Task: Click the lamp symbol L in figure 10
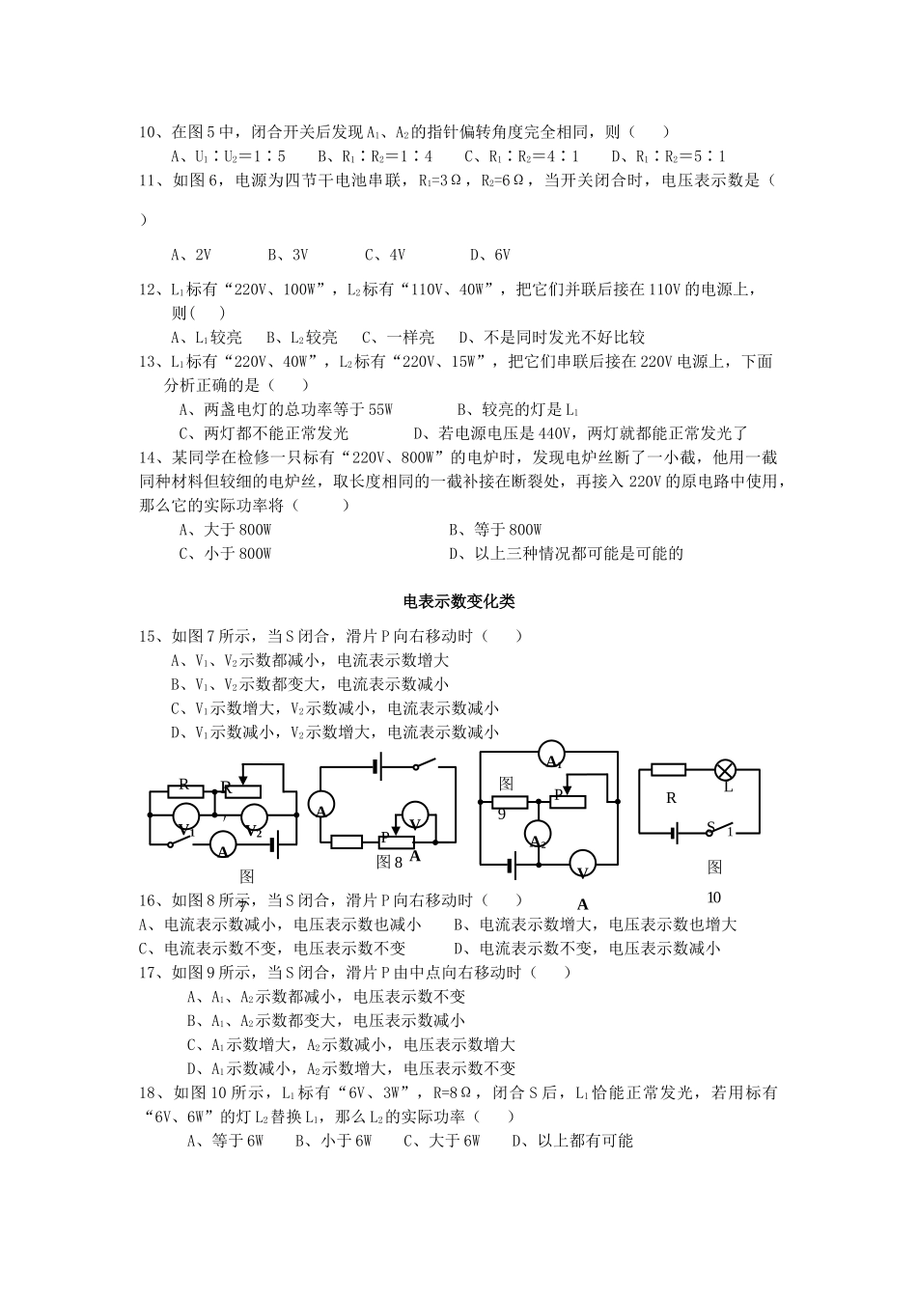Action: pyautogui.click(x=725, y=770)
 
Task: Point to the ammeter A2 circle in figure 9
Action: pyautogui.click(x=537, y=831)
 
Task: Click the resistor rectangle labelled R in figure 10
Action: pyautogui.click(x=668, y=770)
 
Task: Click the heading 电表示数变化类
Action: pyautogui.click(x=458, y=601)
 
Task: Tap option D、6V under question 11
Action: pyautogui.click(x=489, y=255)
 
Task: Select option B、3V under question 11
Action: pyautogui.click(x=288, y=255)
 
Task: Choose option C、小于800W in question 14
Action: pyautogui.click(x=225, y=553)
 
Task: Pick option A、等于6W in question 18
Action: pyautogui.click(x=225, y=1141)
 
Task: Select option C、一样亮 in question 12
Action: pyautogui.click(x=398, y=337)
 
